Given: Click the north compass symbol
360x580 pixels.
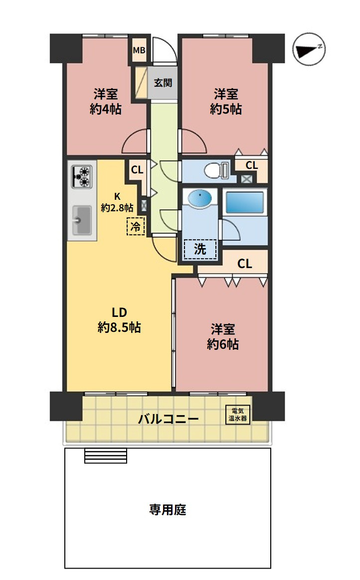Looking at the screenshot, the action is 309,49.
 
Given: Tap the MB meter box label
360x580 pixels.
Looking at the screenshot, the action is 139,50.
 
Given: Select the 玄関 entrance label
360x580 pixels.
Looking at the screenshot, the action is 163,83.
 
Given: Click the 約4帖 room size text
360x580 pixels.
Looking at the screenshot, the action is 105,110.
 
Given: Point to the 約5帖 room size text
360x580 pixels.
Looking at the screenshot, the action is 226,110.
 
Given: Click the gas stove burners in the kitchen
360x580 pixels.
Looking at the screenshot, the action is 82,176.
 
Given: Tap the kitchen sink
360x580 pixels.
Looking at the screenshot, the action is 82,220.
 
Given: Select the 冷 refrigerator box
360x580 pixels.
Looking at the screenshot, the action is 136,226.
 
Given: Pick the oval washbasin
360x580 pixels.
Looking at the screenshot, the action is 200,197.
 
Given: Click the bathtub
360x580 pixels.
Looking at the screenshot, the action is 246,202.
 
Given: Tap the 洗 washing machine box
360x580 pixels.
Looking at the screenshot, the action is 200,249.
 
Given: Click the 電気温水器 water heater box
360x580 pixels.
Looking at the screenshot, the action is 238,415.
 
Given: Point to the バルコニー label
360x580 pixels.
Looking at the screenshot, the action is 169,419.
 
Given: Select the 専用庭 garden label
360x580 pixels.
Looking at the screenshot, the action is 168,510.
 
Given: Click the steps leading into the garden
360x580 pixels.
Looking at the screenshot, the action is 105,456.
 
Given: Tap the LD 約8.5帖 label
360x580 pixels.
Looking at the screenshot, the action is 119,320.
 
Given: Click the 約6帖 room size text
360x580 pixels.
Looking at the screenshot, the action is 223,344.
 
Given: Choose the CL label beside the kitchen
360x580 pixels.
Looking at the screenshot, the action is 137,170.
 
